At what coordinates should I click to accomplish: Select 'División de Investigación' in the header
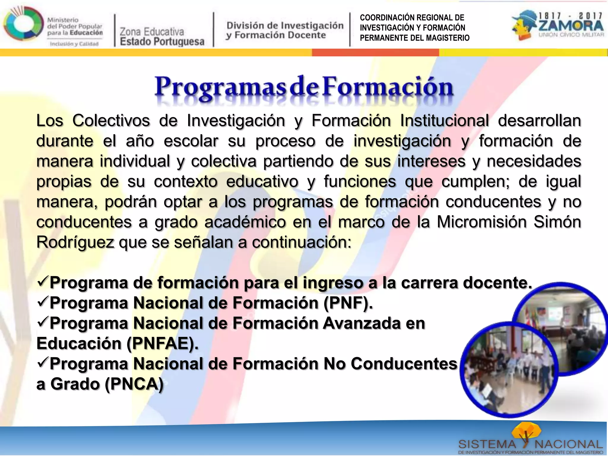tap(285, 26)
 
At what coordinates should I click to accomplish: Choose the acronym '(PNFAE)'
tap(162, 343)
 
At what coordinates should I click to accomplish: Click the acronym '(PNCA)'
tap(134, 384)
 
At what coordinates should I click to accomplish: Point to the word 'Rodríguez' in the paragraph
tap(75, 243)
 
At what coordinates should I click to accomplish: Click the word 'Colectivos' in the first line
tap(111, 121)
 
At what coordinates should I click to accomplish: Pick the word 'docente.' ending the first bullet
tap(497, 283)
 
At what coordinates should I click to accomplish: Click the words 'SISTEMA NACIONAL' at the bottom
tap(531, 445)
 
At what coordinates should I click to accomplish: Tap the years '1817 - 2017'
tap(571, 16)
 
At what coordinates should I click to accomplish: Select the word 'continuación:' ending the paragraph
tap(302, 243)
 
